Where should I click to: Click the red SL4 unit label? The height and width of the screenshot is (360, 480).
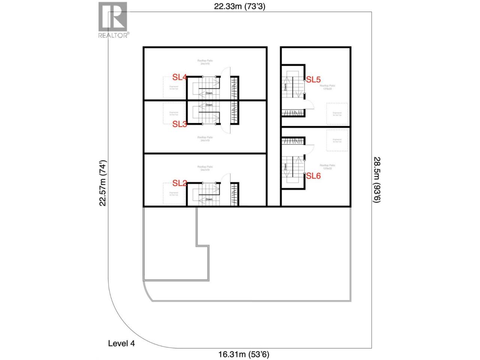(x=179, y=77)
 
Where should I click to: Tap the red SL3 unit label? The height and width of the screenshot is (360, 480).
(x=180, y=124)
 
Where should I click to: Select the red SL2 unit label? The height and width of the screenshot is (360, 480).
(x=180, y=183)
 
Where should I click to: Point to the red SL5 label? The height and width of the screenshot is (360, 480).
(x=313, y=79)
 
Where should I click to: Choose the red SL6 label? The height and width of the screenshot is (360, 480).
(x=313, y=175)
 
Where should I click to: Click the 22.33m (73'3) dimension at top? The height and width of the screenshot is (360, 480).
(x=240, y=6)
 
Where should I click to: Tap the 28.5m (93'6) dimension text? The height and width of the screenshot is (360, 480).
(x=376, y=180)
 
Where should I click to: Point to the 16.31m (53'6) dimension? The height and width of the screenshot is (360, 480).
(x=244, y=354)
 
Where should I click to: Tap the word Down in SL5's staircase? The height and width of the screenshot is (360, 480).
(x=285, y=87)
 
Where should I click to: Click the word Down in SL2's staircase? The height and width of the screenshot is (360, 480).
(x=209, y=199)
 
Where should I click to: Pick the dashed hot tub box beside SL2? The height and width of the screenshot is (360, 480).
(x=174, y=194)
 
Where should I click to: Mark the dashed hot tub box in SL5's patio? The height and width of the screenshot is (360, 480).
(x=337, y=114)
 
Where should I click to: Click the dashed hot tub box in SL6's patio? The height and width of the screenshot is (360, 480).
(x=337, y=141)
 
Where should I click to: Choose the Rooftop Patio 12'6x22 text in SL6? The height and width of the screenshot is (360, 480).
(x=327, y=167)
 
